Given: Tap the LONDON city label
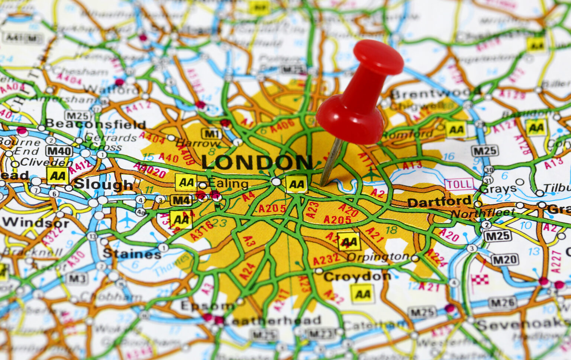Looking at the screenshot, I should coord(257,162).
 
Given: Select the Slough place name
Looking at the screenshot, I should coord(104,184).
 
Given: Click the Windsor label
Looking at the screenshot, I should coord(36,223).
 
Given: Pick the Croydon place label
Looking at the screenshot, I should coord(357,276).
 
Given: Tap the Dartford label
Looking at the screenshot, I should coord(439,202).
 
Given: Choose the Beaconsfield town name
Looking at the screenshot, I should coord(96,124).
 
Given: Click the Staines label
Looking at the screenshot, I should coord(132,254).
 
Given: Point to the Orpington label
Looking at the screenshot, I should coord(378,257).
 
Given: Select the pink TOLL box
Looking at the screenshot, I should coord(459,184).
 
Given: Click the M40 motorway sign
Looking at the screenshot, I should coord(59,151).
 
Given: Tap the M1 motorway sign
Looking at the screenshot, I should coord(212,134).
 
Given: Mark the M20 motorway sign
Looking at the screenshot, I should coord(504,260).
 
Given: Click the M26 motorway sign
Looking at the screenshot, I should coord(502,303).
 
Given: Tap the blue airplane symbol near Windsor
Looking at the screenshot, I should coord(128,220).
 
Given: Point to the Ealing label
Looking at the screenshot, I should coord(228,184).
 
